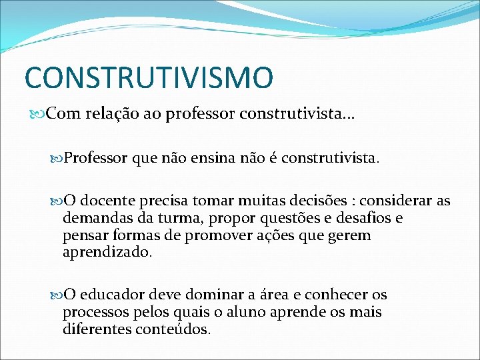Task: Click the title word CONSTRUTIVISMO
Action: (149, 77)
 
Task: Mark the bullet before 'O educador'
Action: (57, 295)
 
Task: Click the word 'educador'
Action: (113, 295)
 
